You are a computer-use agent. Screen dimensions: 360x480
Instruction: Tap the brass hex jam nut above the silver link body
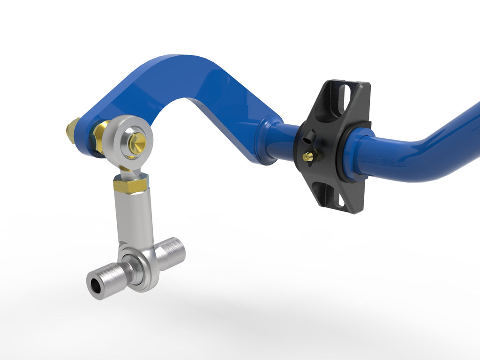[131, 186]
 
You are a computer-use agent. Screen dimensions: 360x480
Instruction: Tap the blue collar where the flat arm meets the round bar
[264, 141]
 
